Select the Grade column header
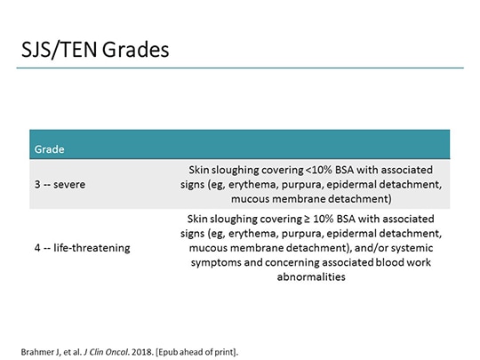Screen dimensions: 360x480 [x=49, y=148]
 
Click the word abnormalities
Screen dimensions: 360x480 [x=314, y=276]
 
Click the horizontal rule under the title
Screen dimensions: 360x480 [x=240, y=68]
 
